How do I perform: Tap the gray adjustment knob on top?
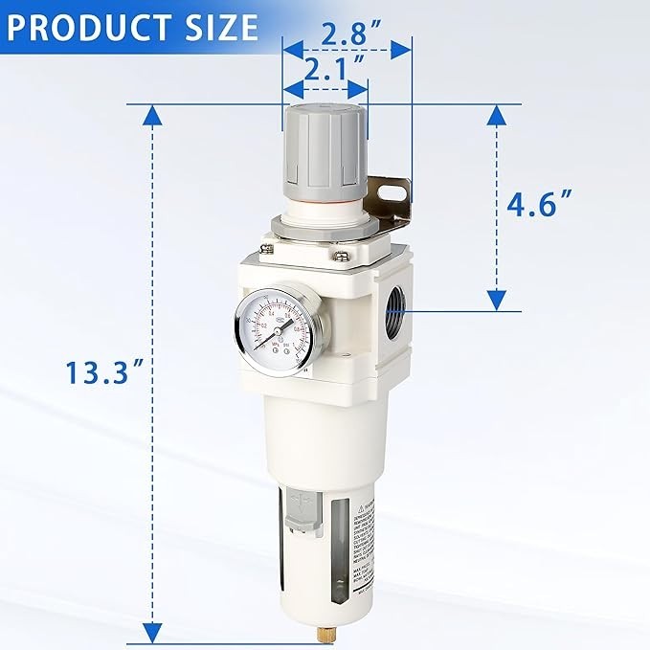[x=324, y=148]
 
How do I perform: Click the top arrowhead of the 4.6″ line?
[x=495, y=116]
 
